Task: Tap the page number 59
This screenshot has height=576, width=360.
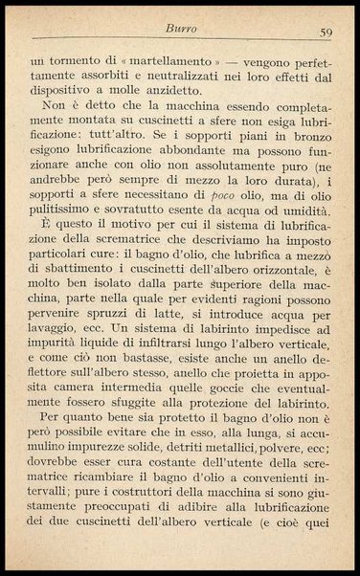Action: pyautogui.click(x=325, y=33)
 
